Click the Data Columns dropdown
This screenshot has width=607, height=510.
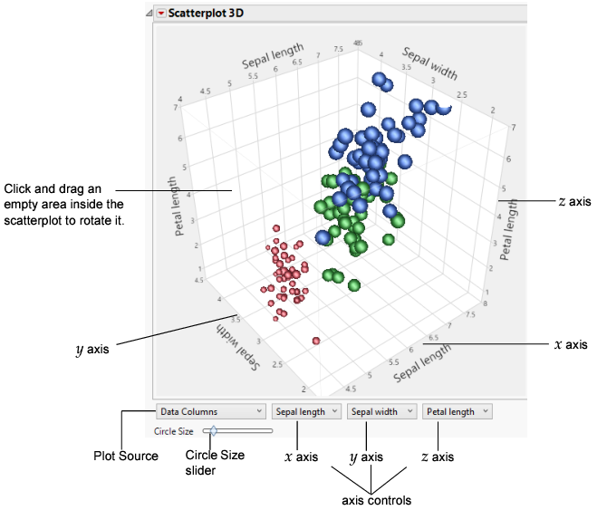(x=211, y=411)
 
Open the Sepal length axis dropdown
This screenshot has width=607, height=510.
(x=307, y=411)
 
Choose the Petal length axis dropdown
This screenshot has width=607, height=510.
(x=457, y=411)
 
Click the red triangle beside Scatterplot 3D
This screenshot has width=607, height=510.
(x=161, y=14)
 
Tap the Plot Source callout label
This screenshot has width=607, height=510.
(x=127, y=456)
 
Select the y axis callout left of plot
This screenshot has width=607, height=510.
(x=93, y=346)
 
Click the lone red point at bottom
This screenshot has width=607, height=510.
(x=316, y=341)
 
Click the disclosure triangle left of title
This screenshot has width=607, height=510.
(x=149, y=14)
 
